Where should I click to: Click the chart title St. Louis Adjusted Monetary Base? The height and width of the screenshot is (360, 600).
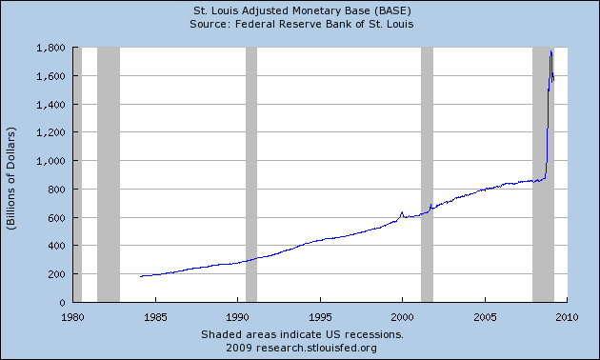(x=300, y=11)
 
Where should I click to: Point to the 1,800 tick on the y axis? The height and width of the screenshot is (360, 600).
(x=50, y=48)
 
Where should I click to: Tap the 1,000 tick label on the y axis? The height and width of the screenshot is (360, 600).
(x=50, y=161)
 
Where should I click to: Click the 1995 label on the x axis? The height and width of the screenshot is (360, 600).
(x=320, y=316)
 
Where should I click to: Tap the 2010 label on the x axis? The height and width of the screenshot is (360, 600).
(x=568, y=316)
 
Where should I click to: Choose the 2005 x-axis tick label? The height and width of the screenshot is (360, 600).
(x=485, y=316)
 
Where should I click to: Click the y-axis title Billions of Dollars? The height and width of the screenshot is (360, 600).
(x=12, y=174)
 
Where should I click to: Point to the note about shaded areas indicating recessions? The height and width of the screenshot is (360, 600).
(x=300, y=335)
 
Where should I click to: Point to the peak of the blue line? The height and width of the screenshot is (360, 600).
(x=551, y=51)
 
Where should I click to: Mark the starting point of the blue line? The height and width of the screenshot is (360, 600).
(x=140, y=276)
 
